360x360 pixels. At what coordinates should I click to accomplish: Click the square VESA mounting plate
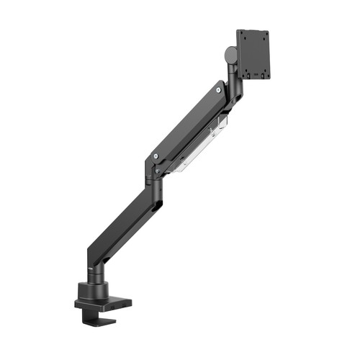[x=253, y=53]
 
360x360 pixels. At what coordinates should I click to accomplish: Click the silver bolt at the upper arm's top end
[x=218, y=90]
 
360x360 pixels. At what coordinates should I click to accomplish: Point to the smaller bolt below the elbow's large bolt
[x=150, y=172]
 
